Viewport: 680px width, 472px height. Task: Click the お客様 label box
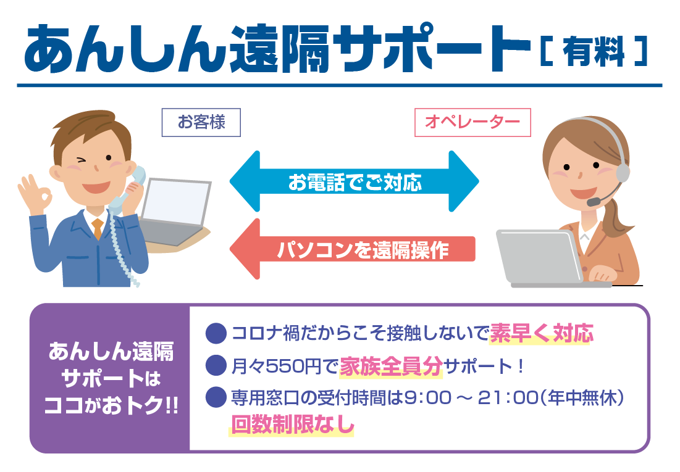click(201, 122)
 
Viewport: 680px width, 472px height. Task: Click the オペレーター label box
click(472, 122)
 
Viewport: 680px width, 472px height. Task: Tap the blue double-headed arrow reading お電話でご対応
click(354, 181)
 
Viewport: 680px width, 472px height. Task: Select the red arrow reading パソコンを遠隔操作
click(352, 249)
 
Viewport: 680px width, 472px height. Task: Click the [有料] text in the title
click(594, 52)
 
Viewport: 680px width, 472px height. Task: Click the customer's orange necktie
click(98, 228)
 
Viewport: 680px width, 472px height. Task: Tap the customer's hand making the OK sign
click(34, 195)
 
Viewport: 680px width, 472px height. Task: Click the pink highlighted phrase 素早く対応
click(541, 333)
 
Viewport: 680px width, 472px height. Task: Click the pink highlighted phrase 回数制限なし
click(292, 424)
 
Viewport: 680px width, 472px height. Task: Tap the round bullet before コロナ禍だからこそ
click(216, 333)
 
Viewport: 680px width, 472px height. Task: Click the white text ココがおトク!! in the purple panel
click(111, 406)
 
